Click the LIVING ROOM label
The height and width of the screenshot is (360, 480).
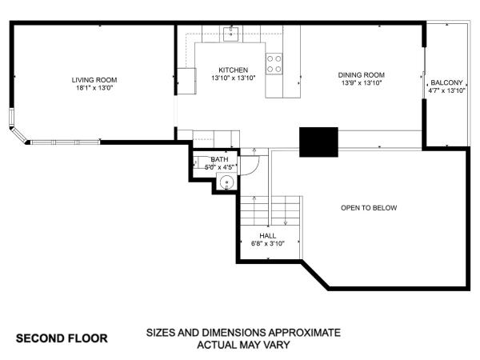click(x=94, y=80)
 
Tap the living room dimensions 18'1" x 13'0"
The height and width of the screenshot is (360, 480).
click(x=95, y=88)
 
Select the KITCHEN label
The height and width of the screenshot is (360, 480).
click(x=234, y=70)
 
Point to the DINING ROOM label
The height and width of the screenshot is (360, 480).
click(x=362, y=74)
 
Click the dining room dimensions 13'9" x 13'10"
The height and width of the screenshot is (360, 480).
click(x=362, y=83)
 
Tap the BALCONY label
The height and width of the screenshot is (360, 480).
click(x=446, y=82)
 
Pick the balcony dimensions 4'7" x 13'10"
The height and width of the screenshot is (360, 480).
click(x=446, y=90)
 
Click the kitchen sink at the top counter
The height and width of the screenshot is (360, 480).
click(x=231, y=34)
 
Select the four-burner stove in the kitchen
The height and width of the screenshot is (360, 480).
click(x=274, y=64)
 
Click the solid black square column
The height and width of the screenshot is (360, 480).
click(x=318, y=142)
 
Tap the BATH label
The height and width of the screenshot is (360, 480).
click(x=219, y=159)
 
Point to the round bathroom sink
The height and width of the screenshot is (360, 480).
click(x=227, y=182)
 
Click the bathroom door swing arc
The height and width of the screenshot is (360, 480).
click(x=254, y=170)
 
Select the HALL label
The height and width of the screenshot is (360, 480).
click(x=268, y=236)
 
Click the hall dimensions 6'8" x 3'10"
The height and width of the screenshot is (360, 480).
click(x=268, y=244)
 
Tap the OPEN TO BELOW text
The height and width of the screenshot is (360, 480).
click(x=369, y=208)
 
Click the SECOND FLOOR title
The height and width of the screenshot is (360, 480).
click(x=62, y=338)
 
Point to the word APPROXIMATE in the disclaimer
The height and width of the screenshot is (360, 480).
click(x=305, y=333)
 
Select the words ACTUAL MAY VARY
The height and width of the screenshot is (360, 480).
click(x=243, y=345)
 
